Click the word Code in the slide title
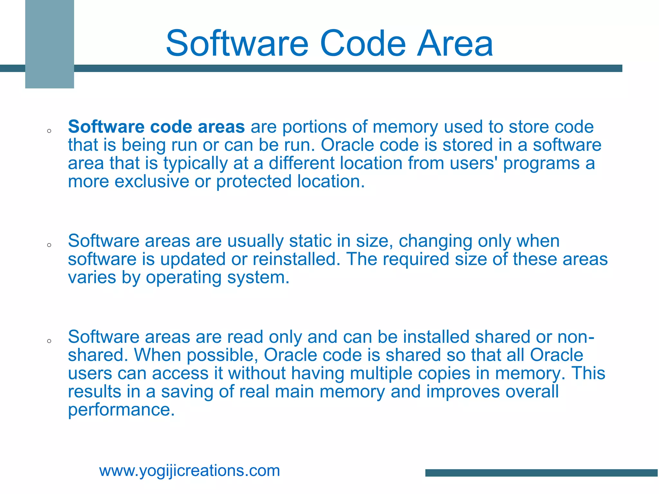click(363, 43)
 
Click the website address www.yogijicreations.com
click(190, 471)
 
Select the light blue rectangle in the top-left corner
click(50, 44)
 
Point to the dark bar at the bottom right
click(542, 473)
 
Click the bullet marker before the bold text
click(49, 131)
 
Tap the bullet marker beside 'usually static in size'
click(49, 245)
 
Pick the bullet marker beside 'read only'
click(49, 341)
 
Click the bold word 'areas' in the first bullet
click(221, 127)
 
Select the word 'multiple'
click(381, 373)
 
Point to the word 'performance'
click(121, 410)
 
